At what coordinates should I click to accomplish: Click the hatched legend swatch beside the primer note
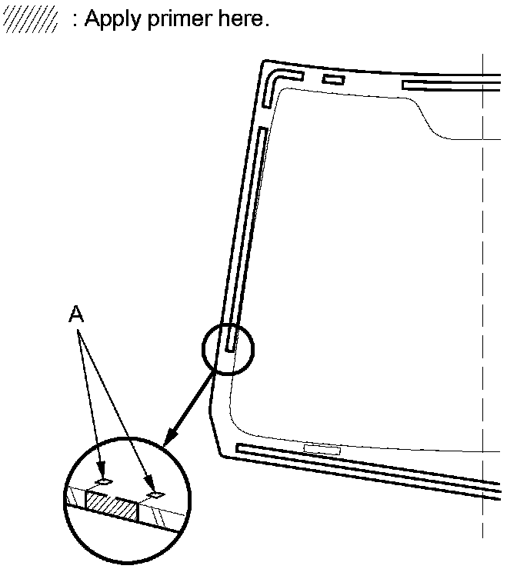point(31,21)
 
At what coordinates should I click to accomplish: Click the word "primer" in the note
point(162,21)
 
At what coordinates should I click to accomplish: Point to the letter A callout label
point(76,314)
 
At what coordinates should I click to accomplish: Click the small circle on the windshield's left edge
point(227,348)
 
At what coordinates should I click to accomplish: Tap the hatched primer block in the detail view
point(112,504)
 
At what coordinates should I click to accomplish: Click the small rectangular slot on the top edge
point(332,79)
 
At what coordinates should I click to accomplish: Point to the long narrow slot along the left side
point(247,231)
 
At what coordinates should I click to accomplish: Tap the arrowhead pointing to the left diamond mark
point(98,473)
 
